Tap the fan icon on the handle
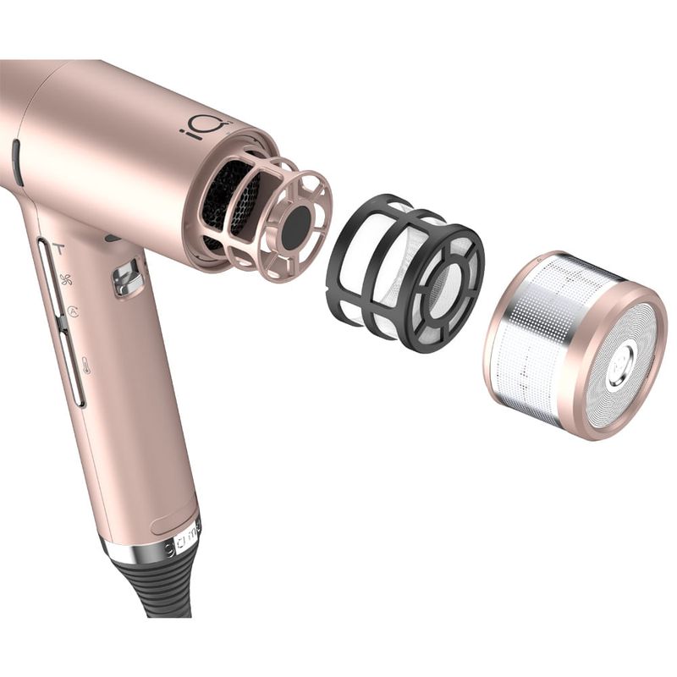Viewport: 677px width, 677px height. tap(67, 280)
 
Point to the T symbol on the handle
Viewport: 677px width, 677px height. tap(58, 249)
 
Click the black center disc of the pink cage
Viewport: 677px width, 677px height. tap(295, 227)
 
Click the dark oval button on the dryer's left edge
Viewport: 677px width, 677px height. tap(17, 162)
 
